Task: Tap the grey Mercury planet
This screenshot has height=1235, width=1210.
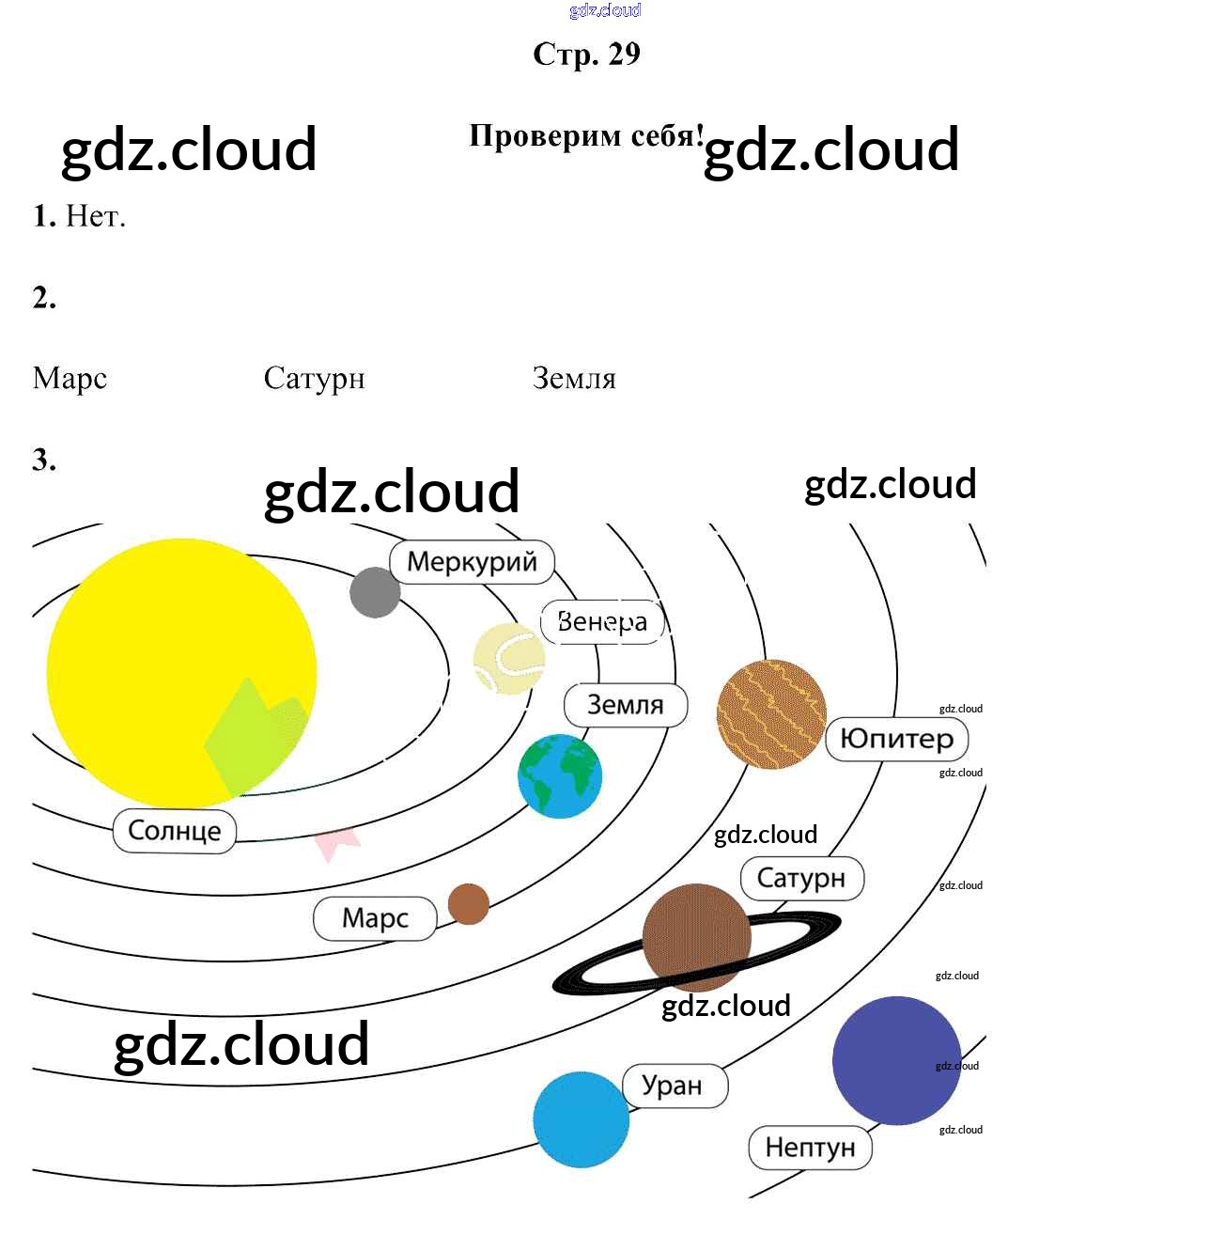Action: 375,592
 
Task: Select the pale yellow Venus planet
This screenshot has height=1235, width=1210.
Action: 508,659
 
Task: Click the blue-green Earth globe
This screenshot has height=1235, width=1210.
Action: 559,775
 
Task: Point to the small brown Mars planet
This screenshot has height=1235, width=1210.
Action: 468,904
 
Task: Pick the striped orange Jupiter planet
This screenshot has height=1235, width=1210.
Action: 770,714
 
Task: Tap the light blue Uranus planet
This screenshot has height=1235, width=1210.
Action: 581,1119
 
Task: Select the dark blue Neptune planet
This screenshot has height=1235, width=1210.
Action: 895,1060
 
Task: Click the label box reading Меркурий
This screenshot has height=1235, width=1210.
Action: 472,562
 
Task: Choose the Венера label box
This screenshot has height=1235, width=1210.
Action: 602,621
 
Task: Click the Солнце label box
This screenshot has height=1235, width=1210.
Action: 174,831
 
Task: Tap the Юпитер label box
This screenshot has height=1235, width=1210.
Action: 896,739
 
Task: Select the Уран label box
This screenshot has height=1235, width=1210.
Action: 674,1086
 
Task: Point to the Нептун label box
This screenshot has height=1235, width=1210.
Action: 810,1148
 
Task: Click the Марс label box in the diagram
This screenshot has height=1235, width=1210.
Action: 375,918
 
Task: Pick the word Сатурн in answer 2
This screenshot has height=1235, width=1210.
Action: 314,379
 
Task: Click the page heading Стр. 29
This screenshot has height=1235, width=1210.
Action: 586,55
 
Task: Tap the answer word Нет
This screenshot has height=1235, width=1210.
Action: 95,217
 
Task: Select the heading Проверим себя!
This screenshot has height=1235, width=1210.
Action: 586,137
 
